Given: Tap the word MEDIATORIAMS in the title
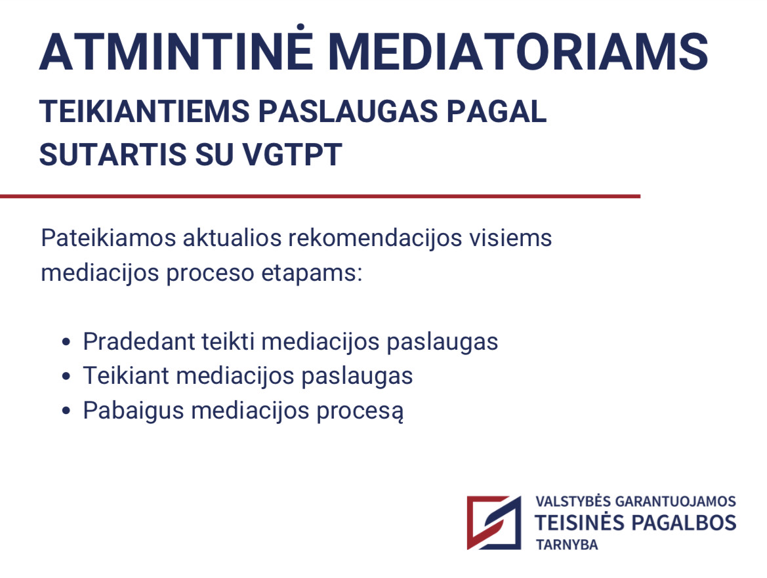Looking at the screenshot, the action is click(518, 52).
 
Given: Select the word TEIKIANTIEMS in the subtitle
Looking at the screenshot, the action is click(145, 112).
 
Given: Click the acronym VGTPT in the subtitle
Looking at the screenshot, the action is click(292, 155).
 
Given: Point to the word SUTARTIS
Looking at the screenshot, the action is click(113, 155).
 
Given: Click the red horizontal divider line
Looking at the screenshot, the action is click(320, 196).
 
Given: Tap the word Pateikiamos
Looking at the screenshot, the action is click(108, 238).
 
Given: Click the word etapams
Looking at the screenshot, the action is click(312, 274).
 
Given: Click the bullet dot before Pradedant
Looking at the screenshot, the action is click(66, 342).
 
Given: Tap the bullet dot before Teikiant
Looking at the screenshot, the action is click(66, 376).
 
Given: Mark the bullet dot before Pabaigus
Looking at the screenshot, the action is click(66, 411).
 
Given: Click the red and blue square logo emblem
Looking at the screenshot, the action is click(494, 523).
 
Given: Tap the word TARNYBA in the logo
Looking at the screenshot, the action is click(566, 545).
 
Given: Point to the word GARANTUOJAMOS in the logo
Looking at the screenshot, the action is click(675, 502).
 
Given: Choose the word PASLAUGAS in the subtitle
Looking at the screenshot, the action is click(348, 112).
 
